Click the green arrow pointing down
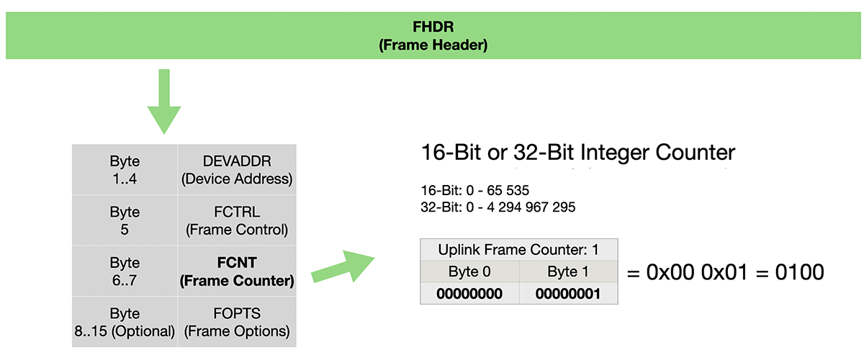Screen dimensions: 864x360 point(164,102)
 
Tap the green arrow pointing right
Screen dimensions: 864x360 point(343,266)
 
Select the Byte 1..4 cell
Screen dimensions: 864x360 point(125,170)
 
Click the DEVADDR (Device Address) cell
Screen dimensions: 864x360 point(237,170)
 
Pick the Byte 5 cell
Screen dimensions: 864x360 point(125,221)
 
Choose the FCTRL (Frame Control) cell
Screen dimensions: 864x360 point(237,221)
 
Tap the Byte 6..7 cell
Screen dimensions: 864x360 point(125,271)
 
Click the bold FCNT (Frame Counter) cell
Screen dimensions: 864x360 point(237,271)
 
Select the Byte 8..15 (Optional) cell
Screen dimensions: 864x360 point(125,322)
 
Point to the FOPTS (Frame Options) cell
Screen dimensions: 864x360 point(237,322)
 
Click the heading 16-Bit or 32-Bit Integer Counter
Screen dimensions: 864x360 point(578,153)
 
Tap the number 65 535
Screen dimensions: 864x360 point(508,190)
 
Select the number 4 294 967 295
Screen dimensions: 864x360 point(531,207)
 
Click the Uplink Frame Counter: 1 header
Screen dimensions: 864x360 point(519,250)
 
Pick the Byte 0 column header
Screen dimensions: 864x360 point(469,271)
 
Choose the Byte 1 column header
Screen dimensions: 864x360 point(568,271)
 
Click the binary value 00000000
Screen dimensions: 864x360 point(469,294)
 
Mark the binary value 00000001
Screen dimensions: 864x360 point(568,294)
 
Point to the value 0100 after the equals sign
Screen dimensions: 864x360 point(800,272)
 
